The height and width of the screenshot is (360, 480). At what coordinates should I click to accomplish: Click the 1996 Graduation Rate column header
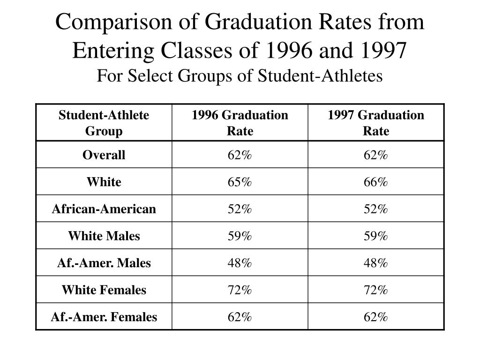click(x=240, y=123)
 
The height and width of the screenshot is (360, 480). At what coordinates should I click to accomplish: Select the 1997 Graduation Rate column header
click(x=376, y=123)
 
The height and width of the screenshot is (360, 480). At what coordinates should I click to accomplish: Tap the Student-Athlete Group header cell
click(x=104, y=123)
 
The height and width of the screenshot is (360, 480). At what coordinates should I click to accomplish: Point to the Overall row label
click(x=104, y=155)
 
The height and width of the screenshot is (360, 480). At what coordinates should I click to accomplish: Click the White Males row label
click(x=104, y=236)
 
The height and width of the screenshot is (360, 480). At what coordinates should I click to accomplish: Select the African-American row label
click(x=104, y=209)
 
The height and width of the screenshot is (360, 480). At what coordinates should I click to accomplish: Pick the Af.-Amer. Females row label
click(x=104, y=317)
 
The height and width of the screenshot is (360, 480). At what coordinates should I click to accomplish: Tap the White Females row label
click(x=104, y=290)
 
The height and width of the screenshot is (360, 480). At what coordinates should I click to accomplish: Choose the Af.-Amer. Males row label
click(x=104, y=263)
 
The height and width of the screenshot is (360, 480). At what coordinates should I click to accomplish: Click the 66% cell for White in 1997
click(x=376, y=182)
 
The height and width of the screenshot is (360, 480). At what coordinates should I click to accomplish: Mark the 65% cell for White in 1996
click(x=240, y=182)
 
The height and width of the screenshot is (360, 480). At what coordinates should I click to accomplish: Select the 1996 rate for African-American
click(x=240, y=209)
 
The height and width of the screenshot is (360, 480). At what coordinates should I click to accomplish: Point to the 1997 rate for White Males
click(x=376, y=236)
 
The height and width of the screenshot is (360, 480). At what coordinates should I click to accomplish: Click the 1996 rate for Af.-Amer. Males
click(x=240, y=263)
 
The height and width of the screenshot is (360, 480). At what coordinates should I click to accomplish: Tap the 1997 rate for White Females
click(x=376, y=290)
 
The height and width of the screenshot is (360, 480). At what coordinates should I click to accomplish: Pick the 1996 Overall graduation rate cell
click(x=240, y=155)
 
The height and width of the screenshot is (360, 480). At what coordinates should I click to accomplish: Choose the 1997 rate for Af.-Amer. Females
click(x=376, y=317)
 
